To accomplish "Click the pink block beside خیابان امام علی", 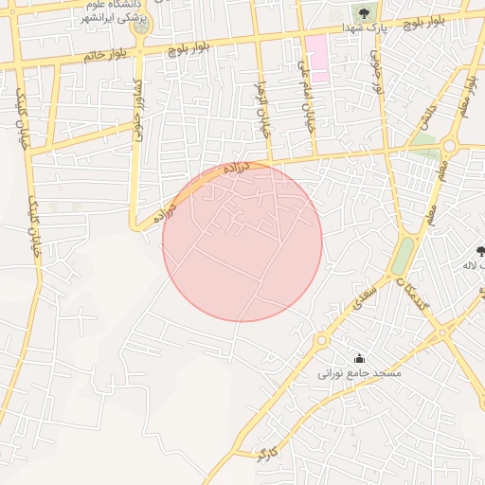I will pos(316,57).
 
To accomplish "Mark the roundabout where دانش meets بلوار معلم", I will pos(448,146).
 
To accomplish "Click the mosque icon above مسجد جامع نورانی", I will pos(359,358).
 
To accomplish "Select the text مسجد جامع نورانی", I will pos(360,374).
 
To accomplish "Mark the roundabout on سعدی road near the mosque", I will pos(323,339).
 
